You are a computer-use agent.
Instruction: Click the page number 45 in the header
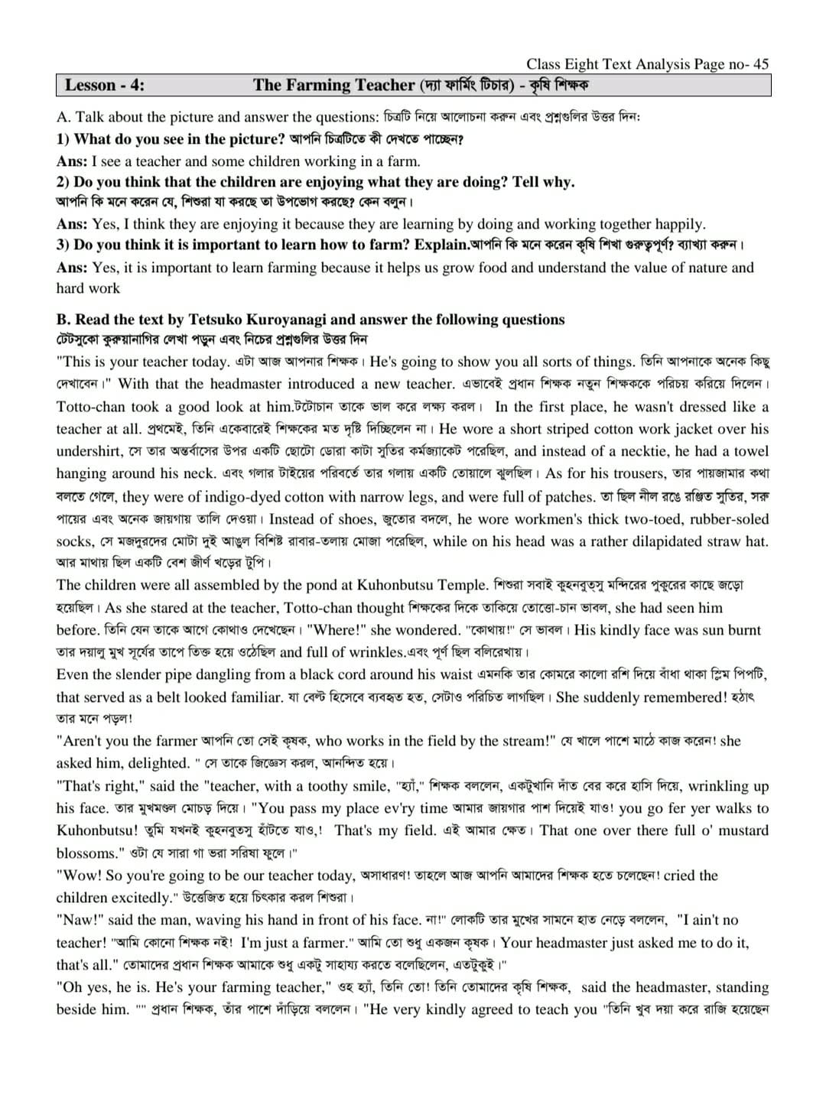(x=759, y=64)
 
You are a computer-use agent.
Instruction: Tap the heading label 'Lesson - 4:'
(x=104, y=85)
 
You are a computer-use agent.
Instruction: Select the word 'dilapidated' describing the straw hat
(x=646, y=541)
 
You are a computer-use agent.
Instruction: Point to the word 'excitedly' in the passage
(x=133, y=898)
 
